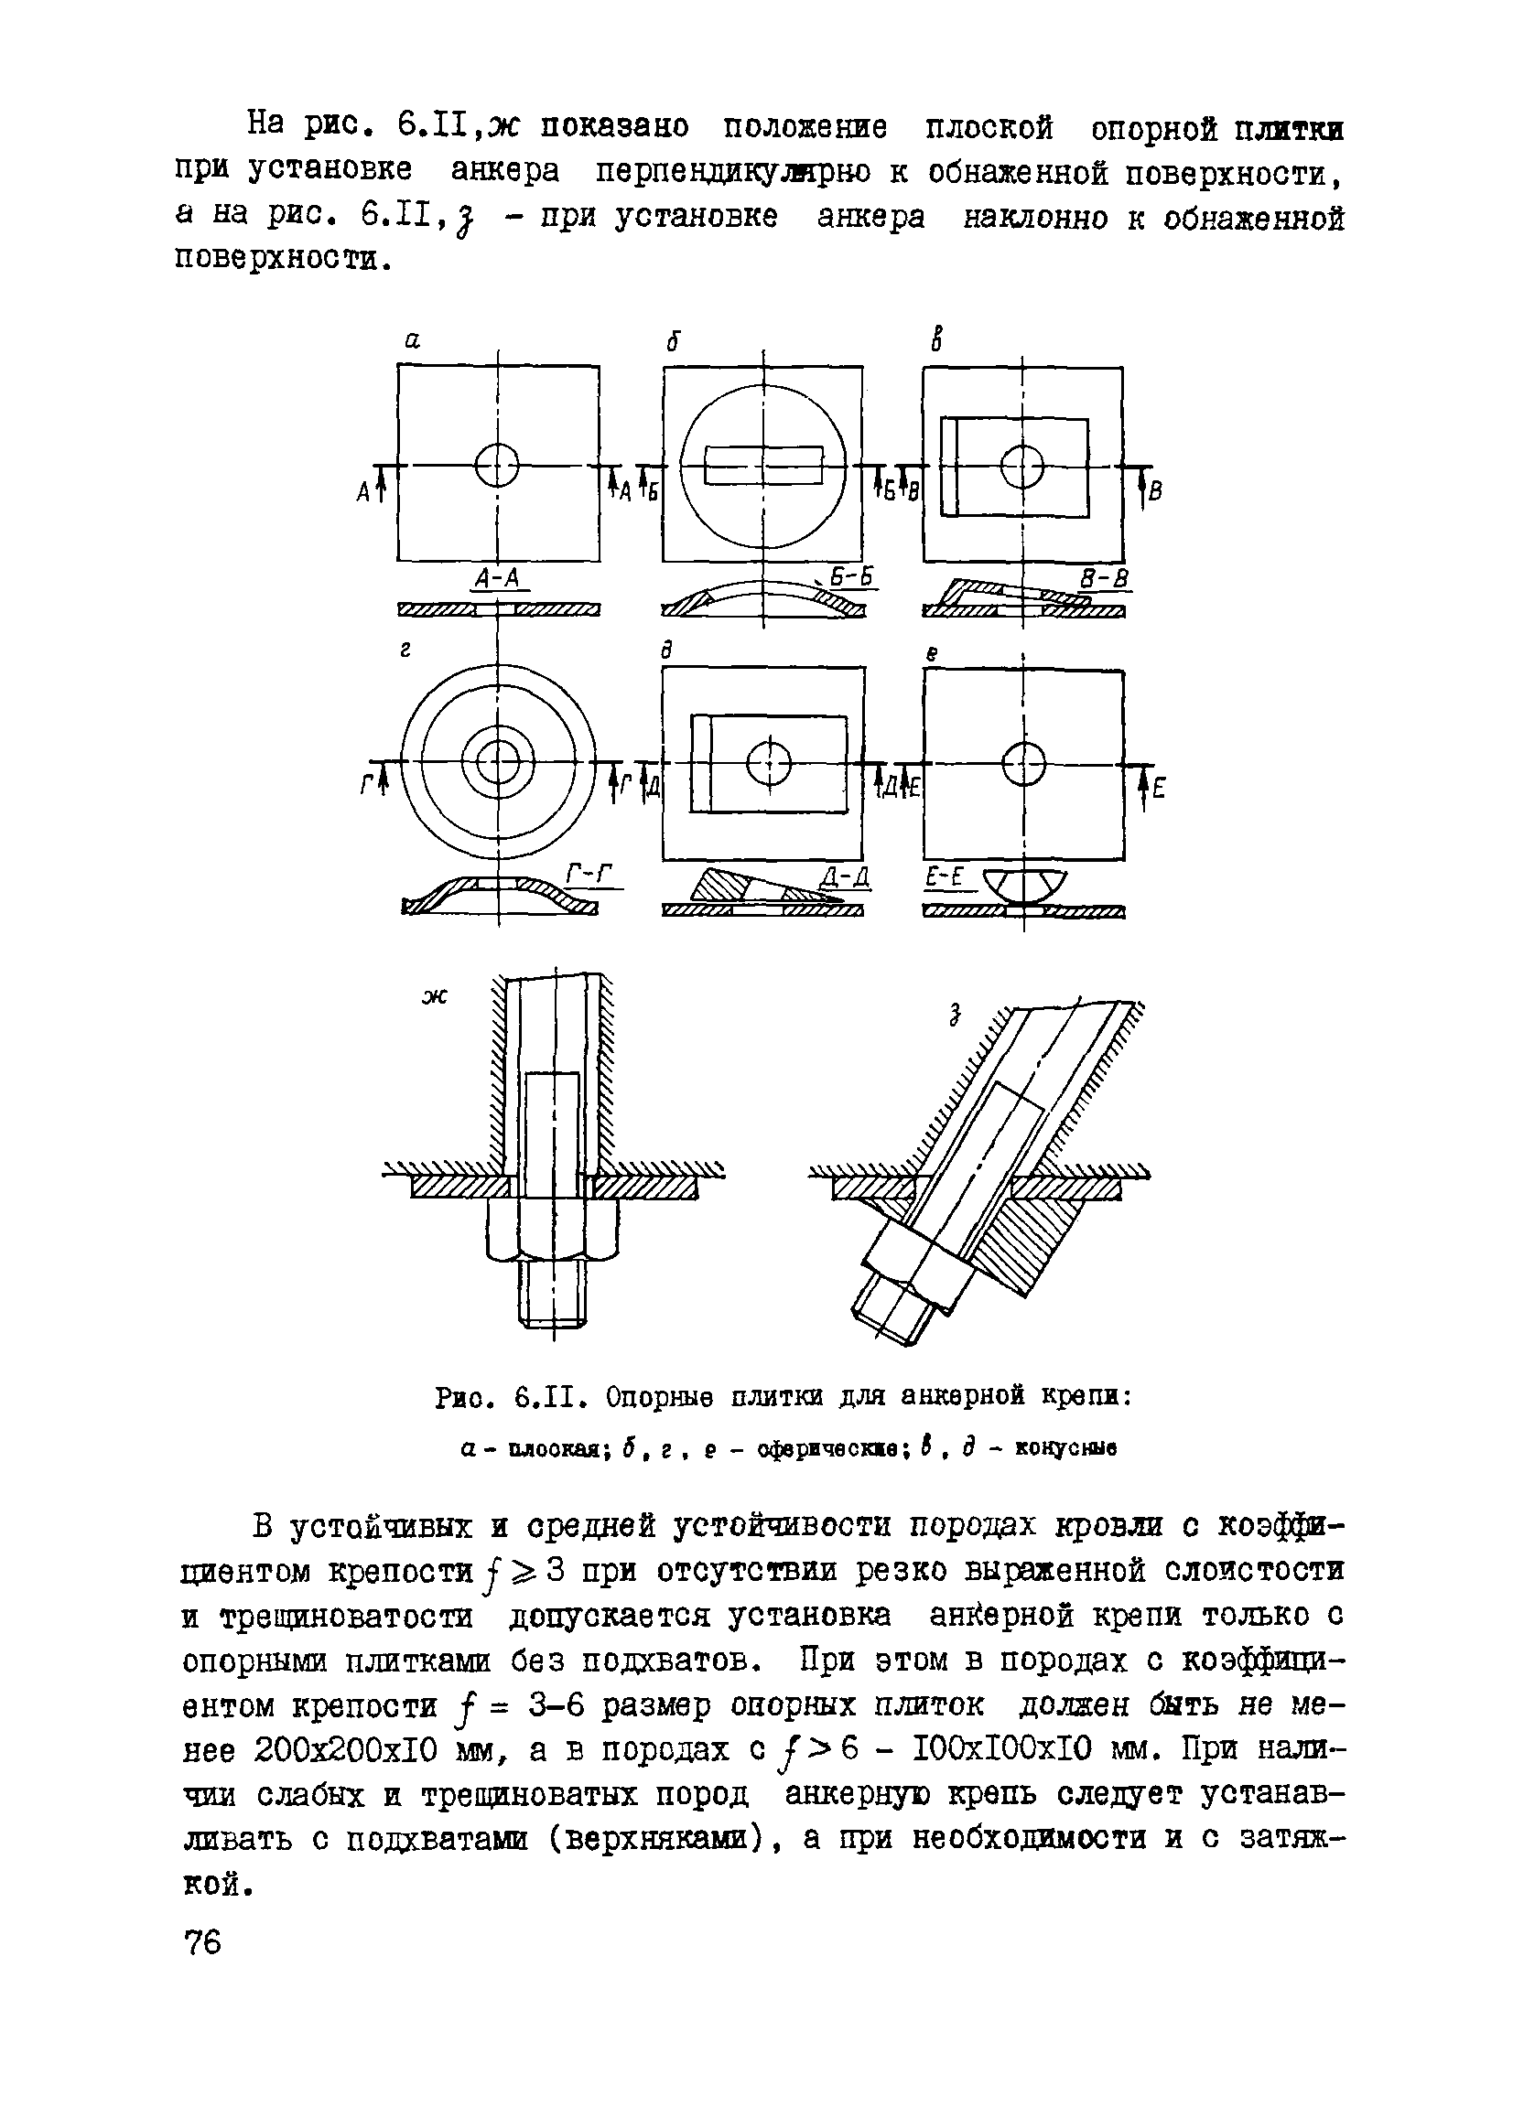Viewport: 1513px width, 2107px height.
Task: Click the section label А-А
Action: point(498,579)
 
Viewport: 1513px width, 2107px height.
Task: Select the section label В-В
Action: point(1105,579)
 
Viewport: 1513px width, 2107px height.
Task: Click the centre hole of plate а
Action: point(497,465)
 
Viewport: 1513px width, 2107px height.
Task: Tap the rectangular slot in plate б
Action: point(764,465)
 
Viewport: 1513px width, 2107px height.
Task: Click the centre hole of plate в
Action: point(1022,466)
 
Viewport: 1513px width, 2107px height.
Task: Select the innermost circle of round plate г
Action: point(497,764)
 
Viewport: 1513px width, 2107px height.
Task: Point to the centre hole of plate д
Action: point(769,765)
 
